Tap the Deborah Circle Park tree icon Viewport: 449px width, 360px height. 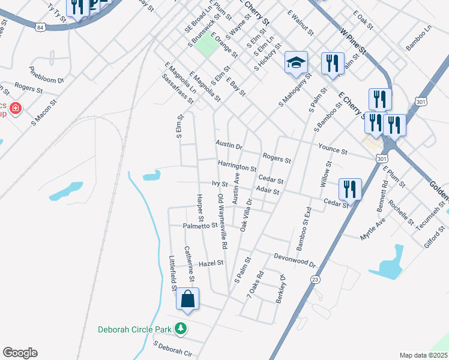coord(179,328)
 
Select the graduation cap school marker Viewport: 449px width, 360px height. coord(296,63)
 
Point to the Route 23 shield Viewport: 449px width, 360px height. coord(315,280)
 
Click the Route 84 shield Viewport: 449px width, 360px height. coord(40,28)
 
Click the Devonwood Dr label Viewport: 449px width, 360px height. coord(294,260)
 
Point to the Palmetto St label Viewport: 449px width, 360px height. coord(200,226)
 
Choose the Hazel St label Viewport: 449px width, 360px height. coord(211,263)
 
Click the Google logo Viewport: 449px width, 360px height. coord(20,353)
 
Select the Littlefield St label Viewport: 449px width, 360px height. coord(172,274)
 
